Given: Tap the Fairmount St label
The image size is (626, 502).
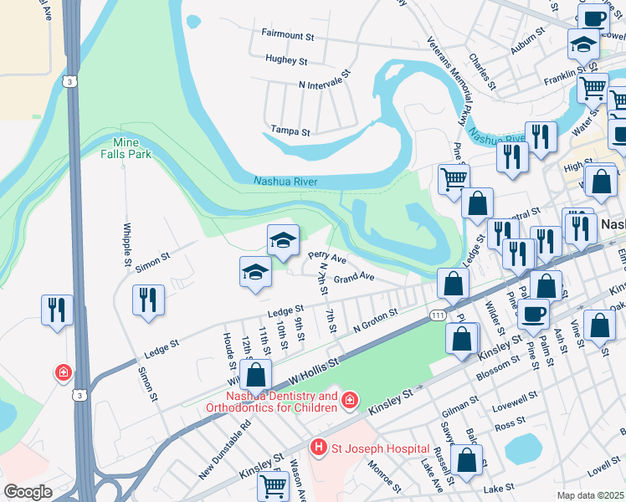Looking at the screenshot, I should [286, 37].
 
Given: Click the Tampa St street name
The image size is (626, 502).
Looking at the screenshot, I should [290, 131].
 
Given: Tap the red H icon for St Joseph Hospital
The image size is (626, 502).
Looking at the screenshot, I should [318, 448].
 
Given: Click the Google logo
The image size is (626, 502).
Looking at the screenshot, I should [28, 492].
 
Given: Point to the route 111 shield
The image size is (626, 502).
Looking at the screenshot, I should [437, 314].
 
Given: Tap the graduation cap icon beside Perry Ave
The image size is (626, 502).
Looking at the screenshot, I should [283, 240].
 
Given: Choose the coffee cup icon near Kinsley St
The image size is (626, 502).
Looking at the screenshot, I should [532, 315].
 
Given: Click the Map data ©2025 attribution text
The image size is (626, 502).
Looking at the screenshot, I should [591, 495].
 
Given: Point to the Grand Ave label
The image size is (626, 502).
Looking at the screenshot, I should [353, 276].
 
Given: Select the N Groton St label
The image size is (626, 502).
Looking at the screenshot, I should [372, 323].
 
